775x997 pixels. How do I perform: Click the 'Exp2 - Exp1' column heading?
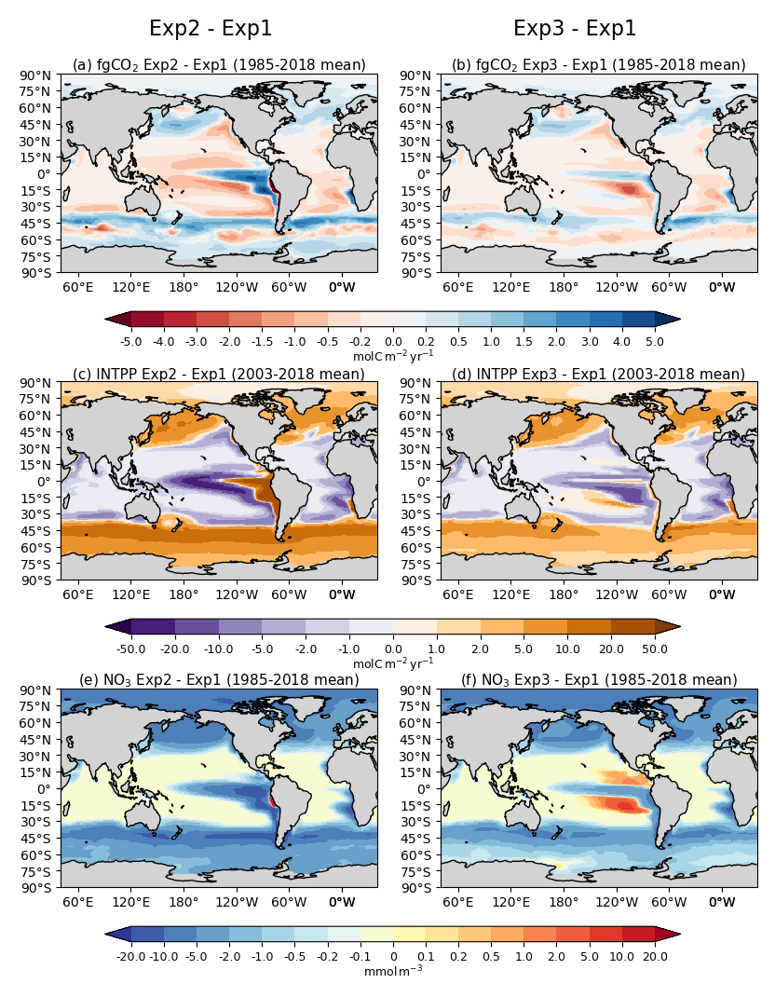pyautogui.click(x=211, y=29)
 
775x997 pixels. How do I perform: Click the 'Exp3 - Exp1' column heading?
pyautogui.click(x=575, y=29)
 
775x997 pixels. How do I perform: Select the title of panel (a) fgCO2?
pyautogui.click(x=219, y=64)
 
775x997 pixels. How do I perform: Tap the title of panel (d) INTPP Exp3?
pyautogui.click(x=598, y=374)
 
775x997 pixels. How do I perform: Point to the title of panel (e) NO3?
pyautogui.click(x=219, y=680)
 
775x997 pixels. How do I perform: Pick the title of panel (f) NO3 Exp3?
pyautogui.click(x=598, y=680)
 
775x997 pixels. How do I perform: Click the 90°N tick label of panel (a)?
pyautogui.click(x=40, y=75)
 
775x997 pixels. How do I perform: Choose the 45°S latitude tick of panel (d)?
pyautogui.click(x=420, y=531)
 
